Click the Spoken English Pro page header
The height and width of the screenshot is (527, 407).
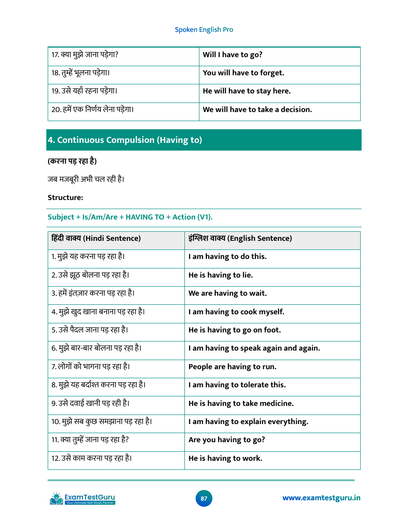(x=204, y=29)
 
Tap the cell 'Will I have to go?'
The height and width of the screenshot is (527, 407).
(x=233, y=55)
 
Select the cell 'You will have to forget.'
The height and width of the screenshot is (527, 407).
(x=243, y=73)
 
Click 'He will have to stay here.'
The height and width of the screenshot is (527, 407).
(x=247, y=91)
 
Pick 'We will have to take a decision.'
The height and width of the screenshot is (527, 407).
(x=257, y=110)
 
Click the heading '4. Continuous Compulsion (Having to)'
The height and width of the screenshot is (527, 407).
(x=125, y=140)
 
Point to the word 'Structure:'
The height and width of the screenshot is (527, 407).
(x=65, y=198)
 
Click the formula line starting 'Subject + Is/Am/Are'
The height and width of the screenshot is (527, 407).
(x=130, y=217)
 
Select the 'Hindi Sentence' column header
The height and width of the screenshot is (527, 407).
(x=96, y=239)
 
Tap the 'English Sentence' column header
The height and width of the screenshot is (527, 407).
(x=240, y=239)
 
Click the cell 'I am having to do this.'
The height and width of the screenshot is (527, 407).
(x=228, y=257)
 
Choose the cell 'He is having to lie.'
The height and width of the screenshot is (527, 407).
(x=221, y=275)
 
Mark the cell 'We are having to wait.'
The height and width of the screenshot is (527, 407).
(x=228, y=293)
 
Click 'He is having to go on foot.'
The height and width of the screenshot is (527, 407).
(x=234, y=330)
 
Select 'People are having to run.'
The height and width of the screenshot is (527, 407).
(x=232, y=367)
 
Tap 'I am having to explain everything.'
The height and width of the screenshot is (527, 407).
(x=248, y=422)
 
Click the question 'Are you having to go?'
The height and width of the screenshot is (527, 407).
(x=227, y=440)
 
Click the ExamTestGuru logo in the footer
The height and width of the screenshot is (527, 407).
(x=83, y=499)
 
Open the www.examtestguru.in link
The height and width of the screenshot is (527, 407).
(x=321, y=498)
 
